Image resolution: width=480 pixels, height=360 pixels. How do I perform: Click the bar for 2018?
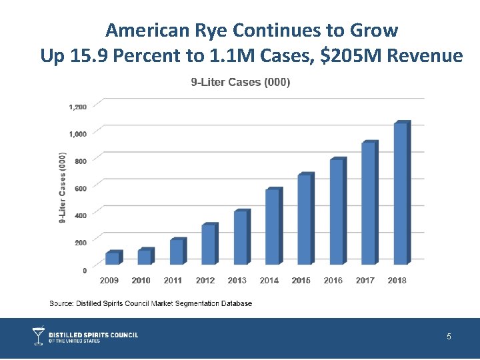click(401, 193)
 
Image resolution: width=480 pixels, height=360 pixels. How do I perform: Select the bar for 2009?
click(112, 258)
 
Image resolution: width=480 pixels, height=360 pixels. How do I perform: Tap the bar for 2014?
click(273, 227)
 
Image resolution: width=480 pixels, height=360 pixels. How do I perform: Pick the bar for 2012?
click(209, 244)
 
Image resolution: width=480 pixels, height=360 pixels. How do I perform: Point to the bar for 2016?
click(337, 211)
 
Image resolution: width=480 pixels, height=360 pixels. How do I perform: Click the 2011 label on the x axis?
click(173, 281)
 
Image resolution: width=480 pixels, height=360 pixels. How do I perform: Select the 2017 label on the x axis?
click(365, 281)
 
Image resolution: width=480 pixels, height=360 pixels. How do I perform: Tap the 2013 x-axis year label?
click(237, 281)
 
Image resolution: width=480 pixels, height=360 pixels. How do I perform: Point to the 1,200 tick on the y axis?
click(77, 107)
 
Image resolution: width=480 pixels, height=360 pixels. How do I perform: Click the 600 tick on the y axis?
click(80, 189)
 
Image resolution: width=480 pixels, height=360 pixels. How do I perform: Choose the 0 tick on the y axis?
click(84, 271)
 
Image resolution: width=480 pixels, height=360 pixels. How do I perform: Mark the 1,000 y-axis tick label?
click(77, 134)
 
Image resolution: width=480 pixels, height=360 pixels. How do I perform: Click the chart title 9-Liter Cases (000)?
click(240, 83)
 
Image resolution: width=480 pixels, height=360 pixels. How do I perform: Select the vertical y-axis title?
click(63, 189)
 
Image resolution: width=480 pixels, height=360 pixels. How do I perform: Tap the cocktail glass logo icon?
click(39, 336)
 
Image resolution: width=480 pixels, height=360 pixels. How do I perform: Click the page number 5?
click(449, 337)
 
